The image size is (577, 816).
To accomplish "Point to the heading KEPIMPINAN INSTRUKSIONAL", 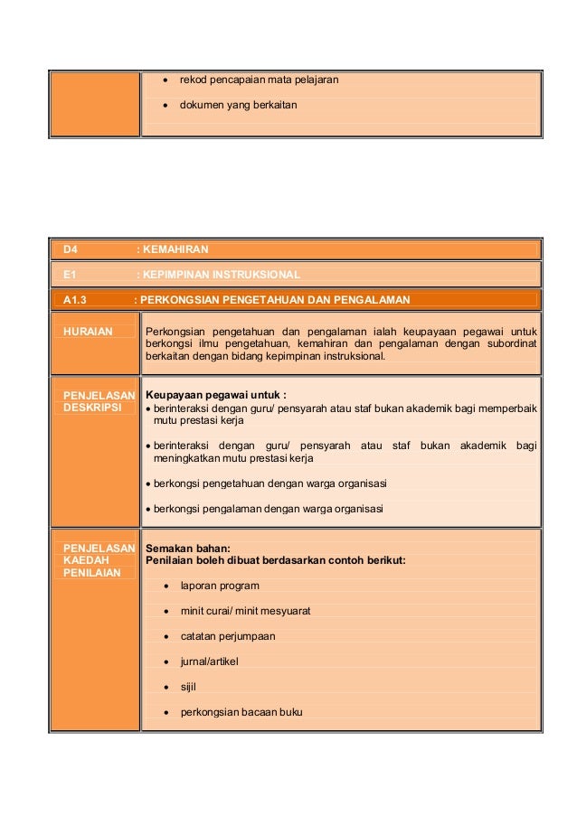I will click(x=222, y=274).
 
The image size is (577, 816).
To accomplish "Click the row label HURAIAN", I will click(x=88, y=332).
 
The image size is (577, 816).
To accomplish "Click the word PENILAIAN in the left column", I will click(x=91, y=573).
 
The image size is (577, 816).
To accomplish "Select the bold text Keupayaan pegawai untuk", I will click(x=215, y=395).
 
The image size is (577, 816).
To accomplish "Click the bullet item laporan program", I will click(x=220, y=586).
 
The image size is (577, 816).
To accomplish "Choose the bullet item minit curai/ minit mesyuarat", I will click(x=245, y=611).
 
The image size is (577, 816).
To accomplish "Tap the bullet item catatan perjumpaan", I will click(x=228, y=636).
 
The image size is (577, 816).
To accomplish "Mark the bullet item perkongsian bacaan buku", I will click(x=241, y=712).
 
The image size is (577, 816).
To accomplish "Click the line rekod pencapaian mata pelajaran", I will click(x=259, y=80).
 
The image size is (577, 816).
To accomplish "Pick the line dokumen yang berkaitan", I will click(x=239, y=105).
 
